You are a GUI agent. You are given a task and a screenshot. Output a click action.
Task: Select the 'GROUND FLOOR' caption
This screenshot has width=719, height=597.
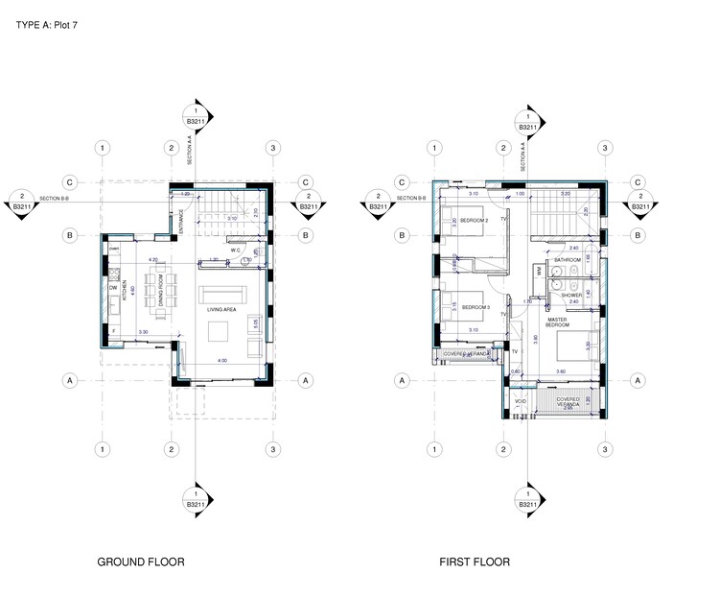[141, 561]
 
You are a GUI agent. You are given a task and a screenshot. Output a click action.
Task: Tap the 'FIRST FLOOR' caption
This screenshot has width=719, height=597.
[475, 561]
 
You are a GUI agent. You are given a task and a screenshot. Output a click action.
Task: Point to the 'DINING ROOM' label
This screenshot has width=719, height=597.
[162, 291]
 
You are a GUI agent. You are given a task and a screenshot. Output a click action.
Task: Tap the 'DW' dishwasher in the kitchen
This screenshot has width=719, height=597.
[113, 287]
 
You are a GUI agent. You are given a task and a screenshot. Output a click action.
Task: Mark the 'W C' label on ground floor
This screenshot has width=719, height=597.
[234, 251]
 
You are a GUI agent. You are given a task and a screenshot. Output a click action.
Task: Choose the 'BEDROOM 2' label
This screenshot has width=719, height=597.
[475, 221]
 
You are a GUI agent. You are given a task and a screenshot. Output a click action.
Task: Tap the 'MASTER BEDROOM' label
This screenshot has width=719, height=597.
[557, 322]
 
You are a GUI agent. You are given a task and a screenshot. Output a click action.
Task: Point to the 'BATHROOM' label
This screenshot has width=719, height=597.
[570, 260]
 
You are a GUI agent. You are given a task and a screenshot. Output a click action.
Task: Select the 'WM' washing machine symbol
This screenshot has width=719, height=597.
[540, 273]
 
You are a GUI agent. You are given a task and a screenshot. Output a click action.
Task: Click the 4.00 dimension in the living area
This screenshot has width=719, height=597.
[223, 360]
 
